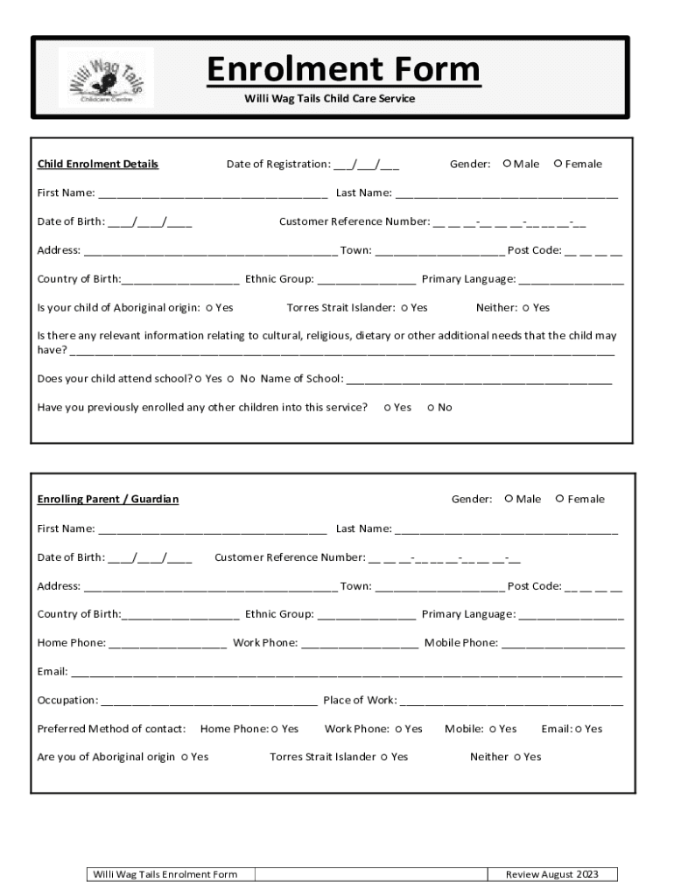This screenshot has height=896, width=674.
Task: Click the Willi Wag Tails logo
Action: point(106,78)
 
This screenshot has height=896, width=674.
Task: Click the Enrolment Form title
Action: point(343,70)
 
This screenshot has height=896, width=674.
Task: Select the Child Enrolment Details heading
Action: point(97,164)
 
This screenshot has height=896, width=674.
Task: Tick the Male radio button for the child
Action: point(507,164)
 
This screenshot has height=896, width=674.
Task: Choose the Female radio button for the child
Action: point(558,164)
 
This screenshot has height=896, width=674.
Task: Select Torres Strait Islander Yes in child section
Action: point(404,308)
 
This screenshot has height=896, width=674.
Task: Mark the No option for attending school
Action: point(230,379)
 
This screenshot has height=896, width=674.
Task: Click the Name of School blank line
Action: point(479,380)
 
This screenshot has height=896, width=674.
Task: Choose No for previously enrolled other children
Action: point(431,408)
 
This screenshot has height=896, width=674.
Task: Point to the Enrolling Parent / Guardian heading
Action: point(108,500)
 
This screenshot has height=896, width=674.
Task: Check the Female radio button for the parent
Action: point(560,499)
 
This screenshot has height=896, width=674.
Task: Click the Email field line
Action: point(346,673)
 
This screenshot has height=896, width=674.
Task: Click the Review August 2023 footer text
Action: point(551,874)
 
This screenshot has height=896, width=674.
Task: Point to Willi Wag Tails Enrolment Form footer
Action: point(165,874)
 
